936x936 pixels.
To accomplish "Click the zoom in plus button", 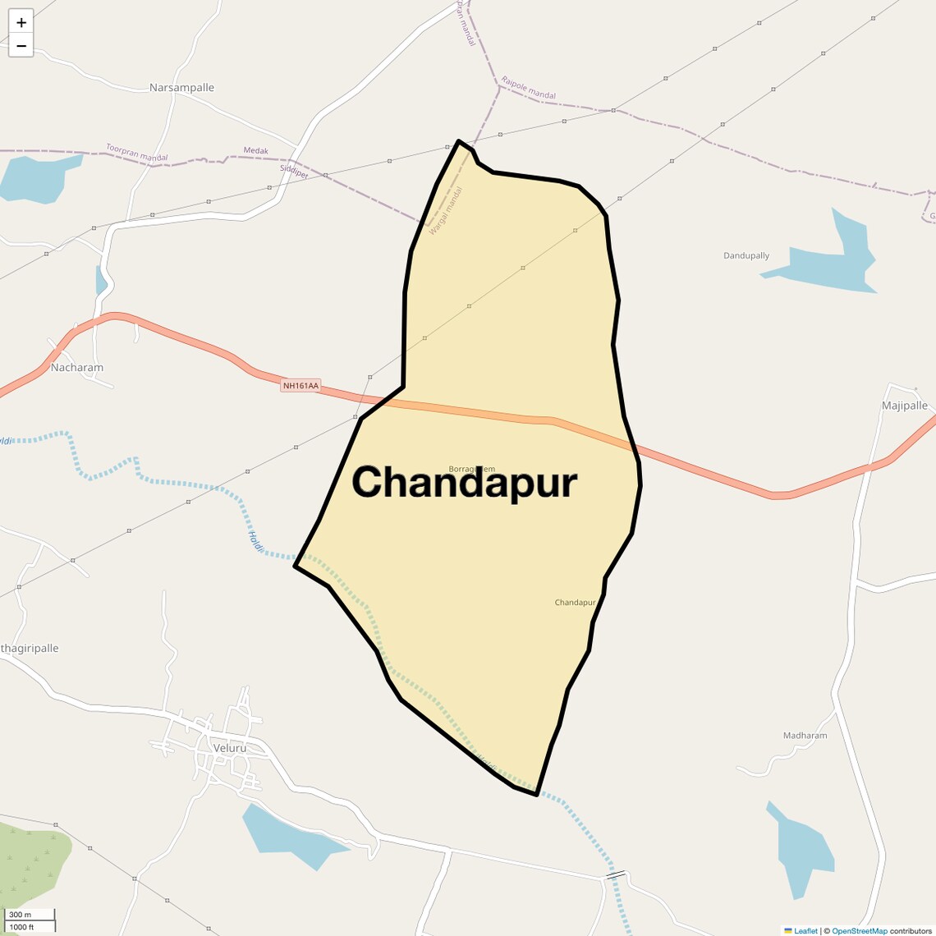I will [21, 22].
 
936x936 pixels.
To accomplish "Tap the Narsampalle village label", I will [181, 88].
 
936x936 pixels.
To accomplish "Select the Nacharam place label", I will [77, 368].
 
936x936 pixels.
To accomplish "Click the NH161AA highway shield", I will [301, 385].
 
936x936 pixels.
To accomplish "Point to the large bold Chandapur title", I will [465, 483].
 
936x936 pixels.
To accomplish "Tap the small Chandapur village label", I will [575, 603].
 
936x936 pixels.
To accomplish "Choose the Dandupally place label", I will [746, 256].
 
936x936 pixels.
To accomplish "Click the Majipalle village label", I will [904, 406].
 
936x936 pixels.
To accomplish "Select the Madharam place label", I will [805, 736].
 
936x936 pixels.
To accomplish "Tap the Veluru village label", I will [229, 748].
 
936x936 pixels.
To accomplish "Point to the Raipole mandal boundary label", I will [528, 89].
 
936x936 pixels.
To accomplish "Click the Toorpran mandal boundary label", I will [136, 153].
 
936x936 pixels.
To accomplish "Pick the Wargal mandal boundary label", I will [446, 211].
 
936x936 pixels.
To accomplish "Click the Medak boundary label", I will [256, 151].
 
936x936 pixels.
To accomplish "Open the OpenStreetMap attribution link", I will [859, 931].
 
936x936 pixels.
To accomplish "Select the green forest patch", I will [33, 862].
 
